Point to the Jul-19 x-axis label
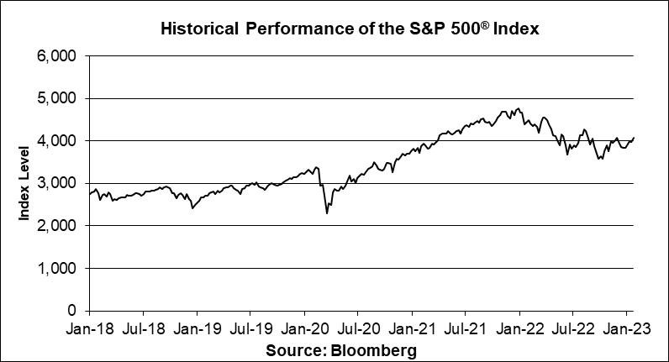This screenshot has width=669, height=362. pos(251,330)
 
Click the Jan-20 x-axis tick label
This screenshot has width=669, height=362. pos(305,330)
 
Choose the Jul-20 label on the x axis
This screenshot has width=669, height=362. pos(359,330)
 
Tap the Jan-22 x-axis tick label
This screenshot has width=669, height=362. pos(520,330)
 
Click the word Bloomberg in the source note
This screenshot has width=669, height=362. pos(372,349)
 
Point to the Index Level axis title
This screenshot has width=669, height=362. pos(24,183)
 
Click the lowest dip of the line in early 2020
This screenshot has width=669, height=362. pos(327,213)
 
